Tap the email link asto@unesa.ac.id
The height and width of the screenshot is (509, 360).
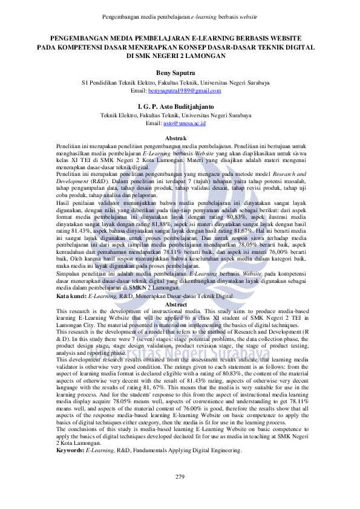coord(185,123)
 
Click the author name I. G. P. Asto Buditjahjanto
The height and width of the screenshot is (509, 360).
coord(180,106)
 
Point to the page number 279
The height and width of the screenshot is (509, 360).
coord(180,478)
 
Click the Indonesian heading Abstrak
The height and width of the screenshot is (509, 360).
coord(180,140)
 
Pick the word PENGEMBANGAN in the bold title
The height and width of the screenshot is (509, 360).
coord(84,37)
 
